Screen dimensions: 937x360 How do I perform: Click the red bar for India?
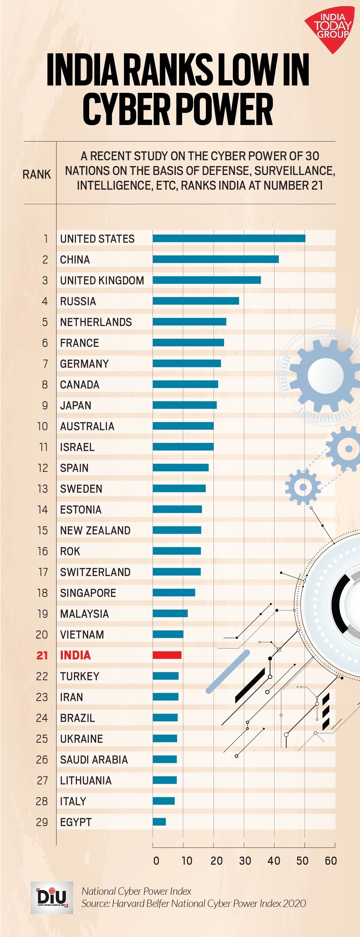click(167, 655)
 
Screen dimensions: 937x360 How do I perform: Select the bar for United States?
click(229, 238)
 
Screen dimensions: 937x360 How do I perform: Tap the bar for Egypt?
click(159, 822)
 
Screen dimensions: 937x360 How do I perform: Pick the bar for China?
click(216, 259)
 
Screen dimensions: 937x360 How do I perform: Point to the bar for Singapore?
click(174, 593)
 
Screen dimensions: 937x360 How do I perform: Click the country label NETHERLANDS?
click(96, 322)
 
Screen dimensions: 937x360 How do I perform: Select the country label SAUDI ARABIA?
click(94, 760)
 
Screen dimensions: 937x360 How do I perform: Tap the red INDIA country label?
click(75, 655)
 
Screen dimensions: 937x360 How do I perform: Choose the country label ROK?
click(70, 551)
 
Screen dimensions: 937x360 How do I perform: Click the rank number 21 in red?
click(42, 655)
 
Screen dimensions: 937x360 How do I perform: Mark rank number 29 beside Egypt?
click(42, 822)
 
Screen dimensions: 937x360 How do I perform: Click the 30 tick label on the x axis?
click(245, 861)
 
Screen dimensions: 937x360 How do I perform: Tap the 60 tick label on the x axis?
click(331, 861)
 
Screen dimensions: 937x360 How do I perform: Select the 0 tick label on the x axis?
click(156, 861)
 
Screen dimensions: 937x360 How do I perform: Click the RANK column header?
click(37, 175)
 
